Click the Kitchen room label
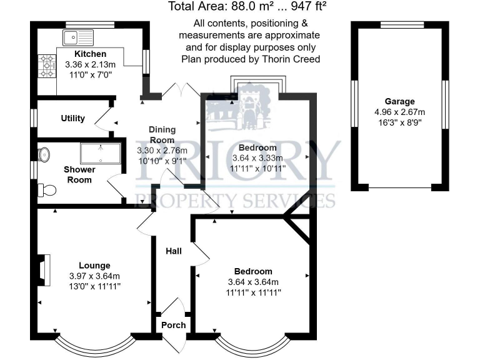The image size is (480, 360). (91, 54)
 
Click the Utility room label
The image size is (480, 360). (72, 118)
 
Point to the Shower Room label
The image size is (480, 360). (79, 174)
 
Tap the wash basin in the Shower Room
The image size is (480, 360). (44, 154)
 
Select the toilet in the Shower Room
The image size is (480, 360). (44, 189)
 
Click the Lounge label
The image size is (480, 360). (94, 266)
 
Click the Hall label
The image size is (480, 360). (173, 251)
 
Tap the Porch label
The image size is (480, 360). (173, 325)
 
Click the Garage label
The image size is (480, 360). (399, 102)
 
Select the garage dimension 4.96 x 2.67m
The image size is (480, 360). (399, 112)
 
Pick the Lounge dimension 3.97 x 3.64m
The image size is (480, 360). (94, 276)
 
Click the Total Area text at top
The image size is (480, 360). (248, 7)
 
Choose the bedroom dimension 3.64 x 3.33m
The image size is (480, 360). (257, 158)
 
